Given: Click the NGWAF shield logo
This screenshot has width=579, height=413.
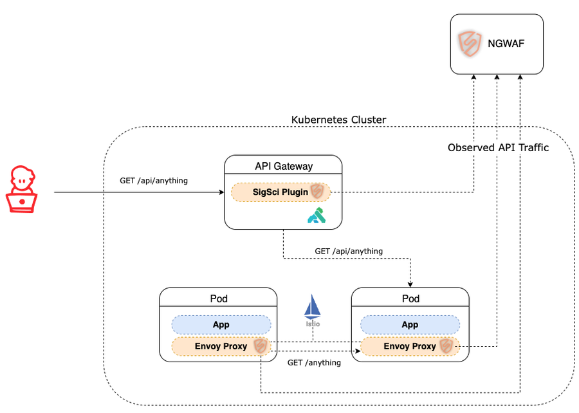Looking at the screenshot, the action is click(x=470, y=44).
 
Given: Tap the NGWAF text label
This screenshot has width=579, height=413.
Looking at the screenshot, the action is click(x=506, y=44).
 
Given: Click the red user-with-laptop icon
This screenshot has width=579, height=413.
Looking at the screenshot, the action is click(x=22, y=189).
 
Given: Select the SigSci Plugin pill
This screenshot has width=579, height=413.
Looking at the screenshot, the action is click(x=280, y=192).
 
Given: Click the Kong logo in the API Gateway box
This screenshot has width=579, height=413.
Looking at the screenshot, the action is click(x=317, y=216).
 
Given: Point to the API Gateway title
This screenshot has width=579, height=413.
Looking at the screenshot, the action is click(x=284, y=166).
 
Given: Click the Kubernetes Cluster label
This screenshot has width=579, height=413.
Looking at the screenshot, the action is click(x=338, y=120).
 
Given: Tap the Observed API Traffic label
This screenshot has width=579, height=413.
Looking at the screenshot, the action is click(x=498, y=147).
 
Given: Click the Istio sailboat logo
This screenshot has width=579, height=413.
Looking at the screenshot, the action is click(x=313, y=310).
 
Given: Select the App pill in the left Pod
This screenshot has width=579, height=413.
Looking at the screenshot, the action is click(x=221, y=325).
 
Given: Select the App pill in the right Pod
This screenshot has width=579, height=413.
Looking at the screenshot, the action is click(x=410, y=325).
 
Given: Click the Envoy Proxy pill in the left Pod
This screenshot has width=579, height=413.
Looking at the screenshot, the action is click(x=221, y=346).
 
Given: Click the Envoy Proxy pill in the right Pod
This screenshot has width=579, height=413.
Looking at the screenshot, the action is click(x=410, y=346).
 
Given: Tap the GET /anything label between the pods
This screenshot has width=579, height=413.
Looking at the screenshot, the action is click(x=314, y=362).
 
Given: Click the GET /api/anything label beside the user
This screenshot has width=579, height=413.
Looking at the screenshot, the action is click(x=154, y=181).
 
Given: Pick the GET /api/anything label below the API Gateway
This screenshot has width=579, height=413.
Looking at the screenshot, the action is click(x=349, y=251).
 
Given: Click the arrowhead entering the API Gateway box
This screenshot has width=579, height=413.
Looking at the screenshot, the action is click(x=221, y=192).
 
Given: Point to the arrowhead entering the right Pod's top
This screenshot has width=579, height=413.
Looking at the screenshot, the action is click(x=410, y=284).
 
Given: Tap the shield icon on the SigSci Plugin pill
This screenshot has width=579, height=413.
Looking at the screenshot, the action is click(x=317, y=192).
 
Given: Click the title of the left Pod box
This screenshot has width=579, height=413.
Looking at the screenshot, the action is click(x=219, y=298).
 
